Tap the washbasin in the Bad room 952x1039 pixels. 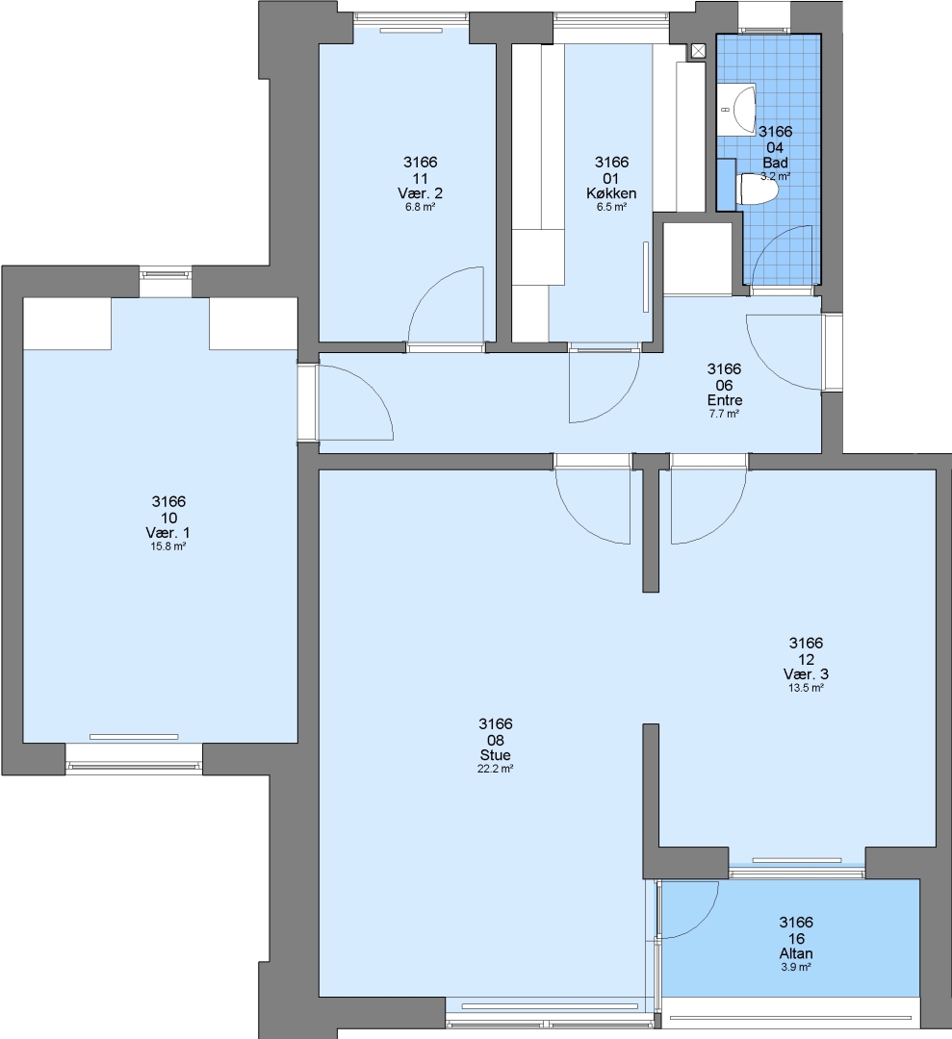(738, 110)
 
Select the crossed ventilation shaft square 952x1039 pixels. (698, 51)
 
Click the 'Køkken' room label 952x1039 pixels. (611, 193)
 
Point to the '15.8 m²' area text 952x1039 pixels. (168, 546)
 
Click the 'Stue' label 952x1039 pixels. (495, 755)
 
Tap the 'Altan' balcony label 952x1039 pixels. (795, 953)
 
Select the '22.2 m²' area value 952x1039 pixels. (496, 770)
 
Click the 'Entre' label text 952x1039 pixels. (725, 400)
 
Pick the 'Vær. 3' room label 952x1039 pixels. (806, 673)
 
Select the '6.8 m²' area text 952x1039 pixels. (421, 207)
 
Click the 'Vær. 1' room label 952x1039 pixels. (167, 533)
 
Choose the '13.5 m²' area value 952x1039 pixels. (806, 688)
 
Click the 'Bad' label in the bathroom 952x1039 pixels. (775, 163)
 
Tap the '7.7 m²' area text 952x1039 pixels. (725, 414)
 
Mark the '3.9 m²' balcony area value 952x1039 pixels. (795, 968)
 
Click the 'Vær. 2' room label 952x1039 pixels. (421, 193)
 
